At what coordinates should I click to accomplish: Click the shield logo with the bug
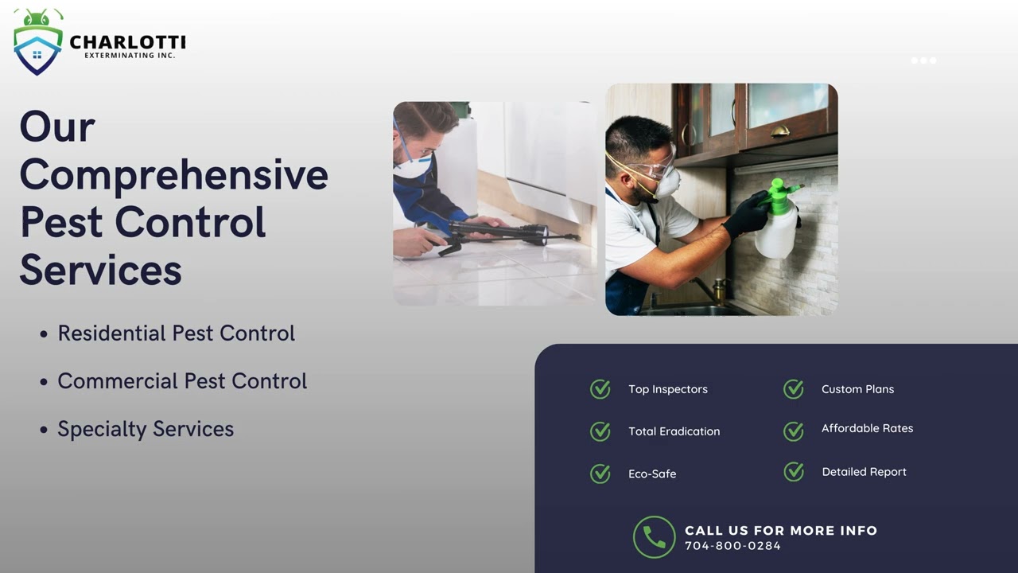(37, 44)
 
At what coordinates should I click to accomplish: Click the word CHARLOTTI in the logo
(127, 41)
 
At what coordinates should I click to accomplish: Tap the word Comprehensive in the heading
(173, 174)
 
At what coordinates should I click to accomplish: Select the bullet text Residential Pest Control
(176, 333)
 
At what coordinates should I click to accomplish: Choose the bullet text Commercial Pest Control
(182, 380)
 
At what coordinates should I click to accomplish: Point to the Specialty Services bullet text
(146, 428)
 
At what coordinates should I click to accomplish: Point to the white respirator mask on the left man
(413, 166)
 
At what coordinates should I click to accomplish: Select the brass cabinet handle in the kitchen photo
(779, 131)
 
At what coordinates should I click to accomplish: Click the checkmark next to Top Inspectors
(600, 389)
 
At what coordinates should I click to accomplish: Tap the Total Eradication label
(674, 431)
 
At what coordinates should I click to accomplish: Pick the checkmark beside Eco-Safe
(600, 474)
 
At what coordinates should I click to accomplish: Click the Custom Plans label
(857, 389)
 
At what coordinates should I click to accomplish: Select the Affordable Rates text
(867, 428)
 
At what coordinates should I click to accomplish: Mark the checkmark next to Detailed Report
(794, 472)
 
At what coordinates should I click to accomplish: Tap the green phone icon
(654, 537)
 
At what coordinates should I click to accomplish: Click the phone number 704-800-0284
(732, 546)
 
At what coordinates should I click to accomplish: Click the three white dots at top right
(923, 60)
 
